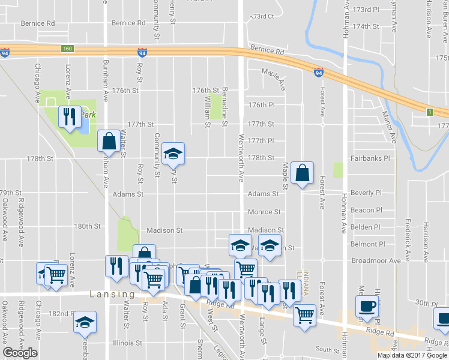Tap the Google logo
(x=20, y=353)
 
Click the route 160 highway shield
(x=67, y=49)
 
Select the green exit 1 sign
(x=429, y=112)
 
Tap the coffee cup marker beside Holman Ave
(x=367, y=305)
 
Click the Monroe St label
(x=265, y=212)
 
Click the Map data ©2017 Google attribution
(x=413, y=355)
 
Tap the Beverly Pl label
(x=366, y=193)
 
